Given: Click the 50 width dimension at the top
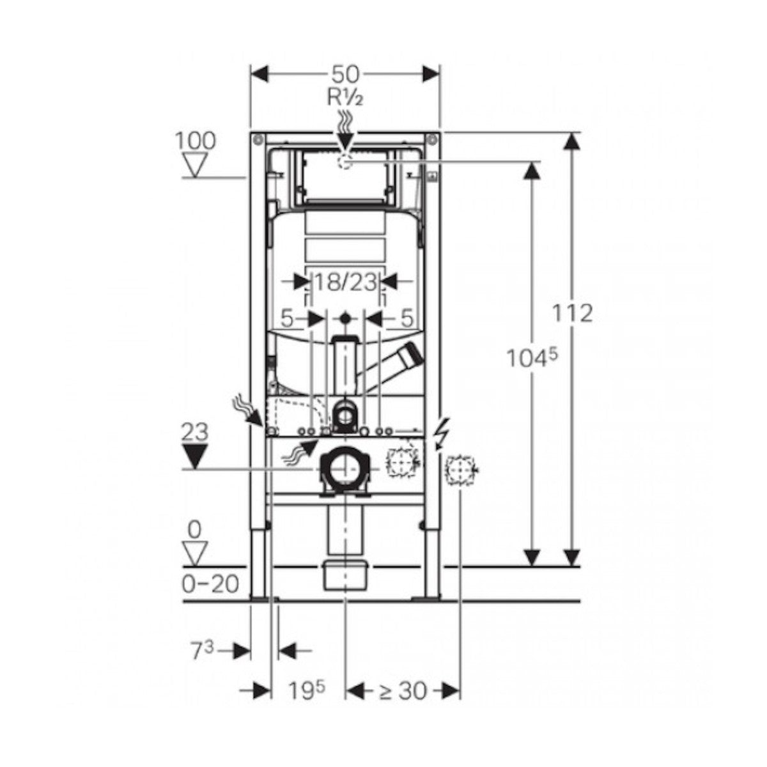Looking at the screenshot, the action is (345, 74).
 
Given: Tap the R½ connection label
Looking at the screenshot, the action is (345, 98).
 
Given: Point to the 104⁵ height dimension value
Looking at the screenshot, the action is (532, 358).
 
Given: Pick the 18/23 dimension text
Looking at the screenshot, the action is (345, 283).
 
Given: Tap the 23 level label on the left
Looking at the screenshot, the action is (195, 432).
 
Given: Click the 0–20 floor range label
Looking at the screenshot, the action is (210, 584).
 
